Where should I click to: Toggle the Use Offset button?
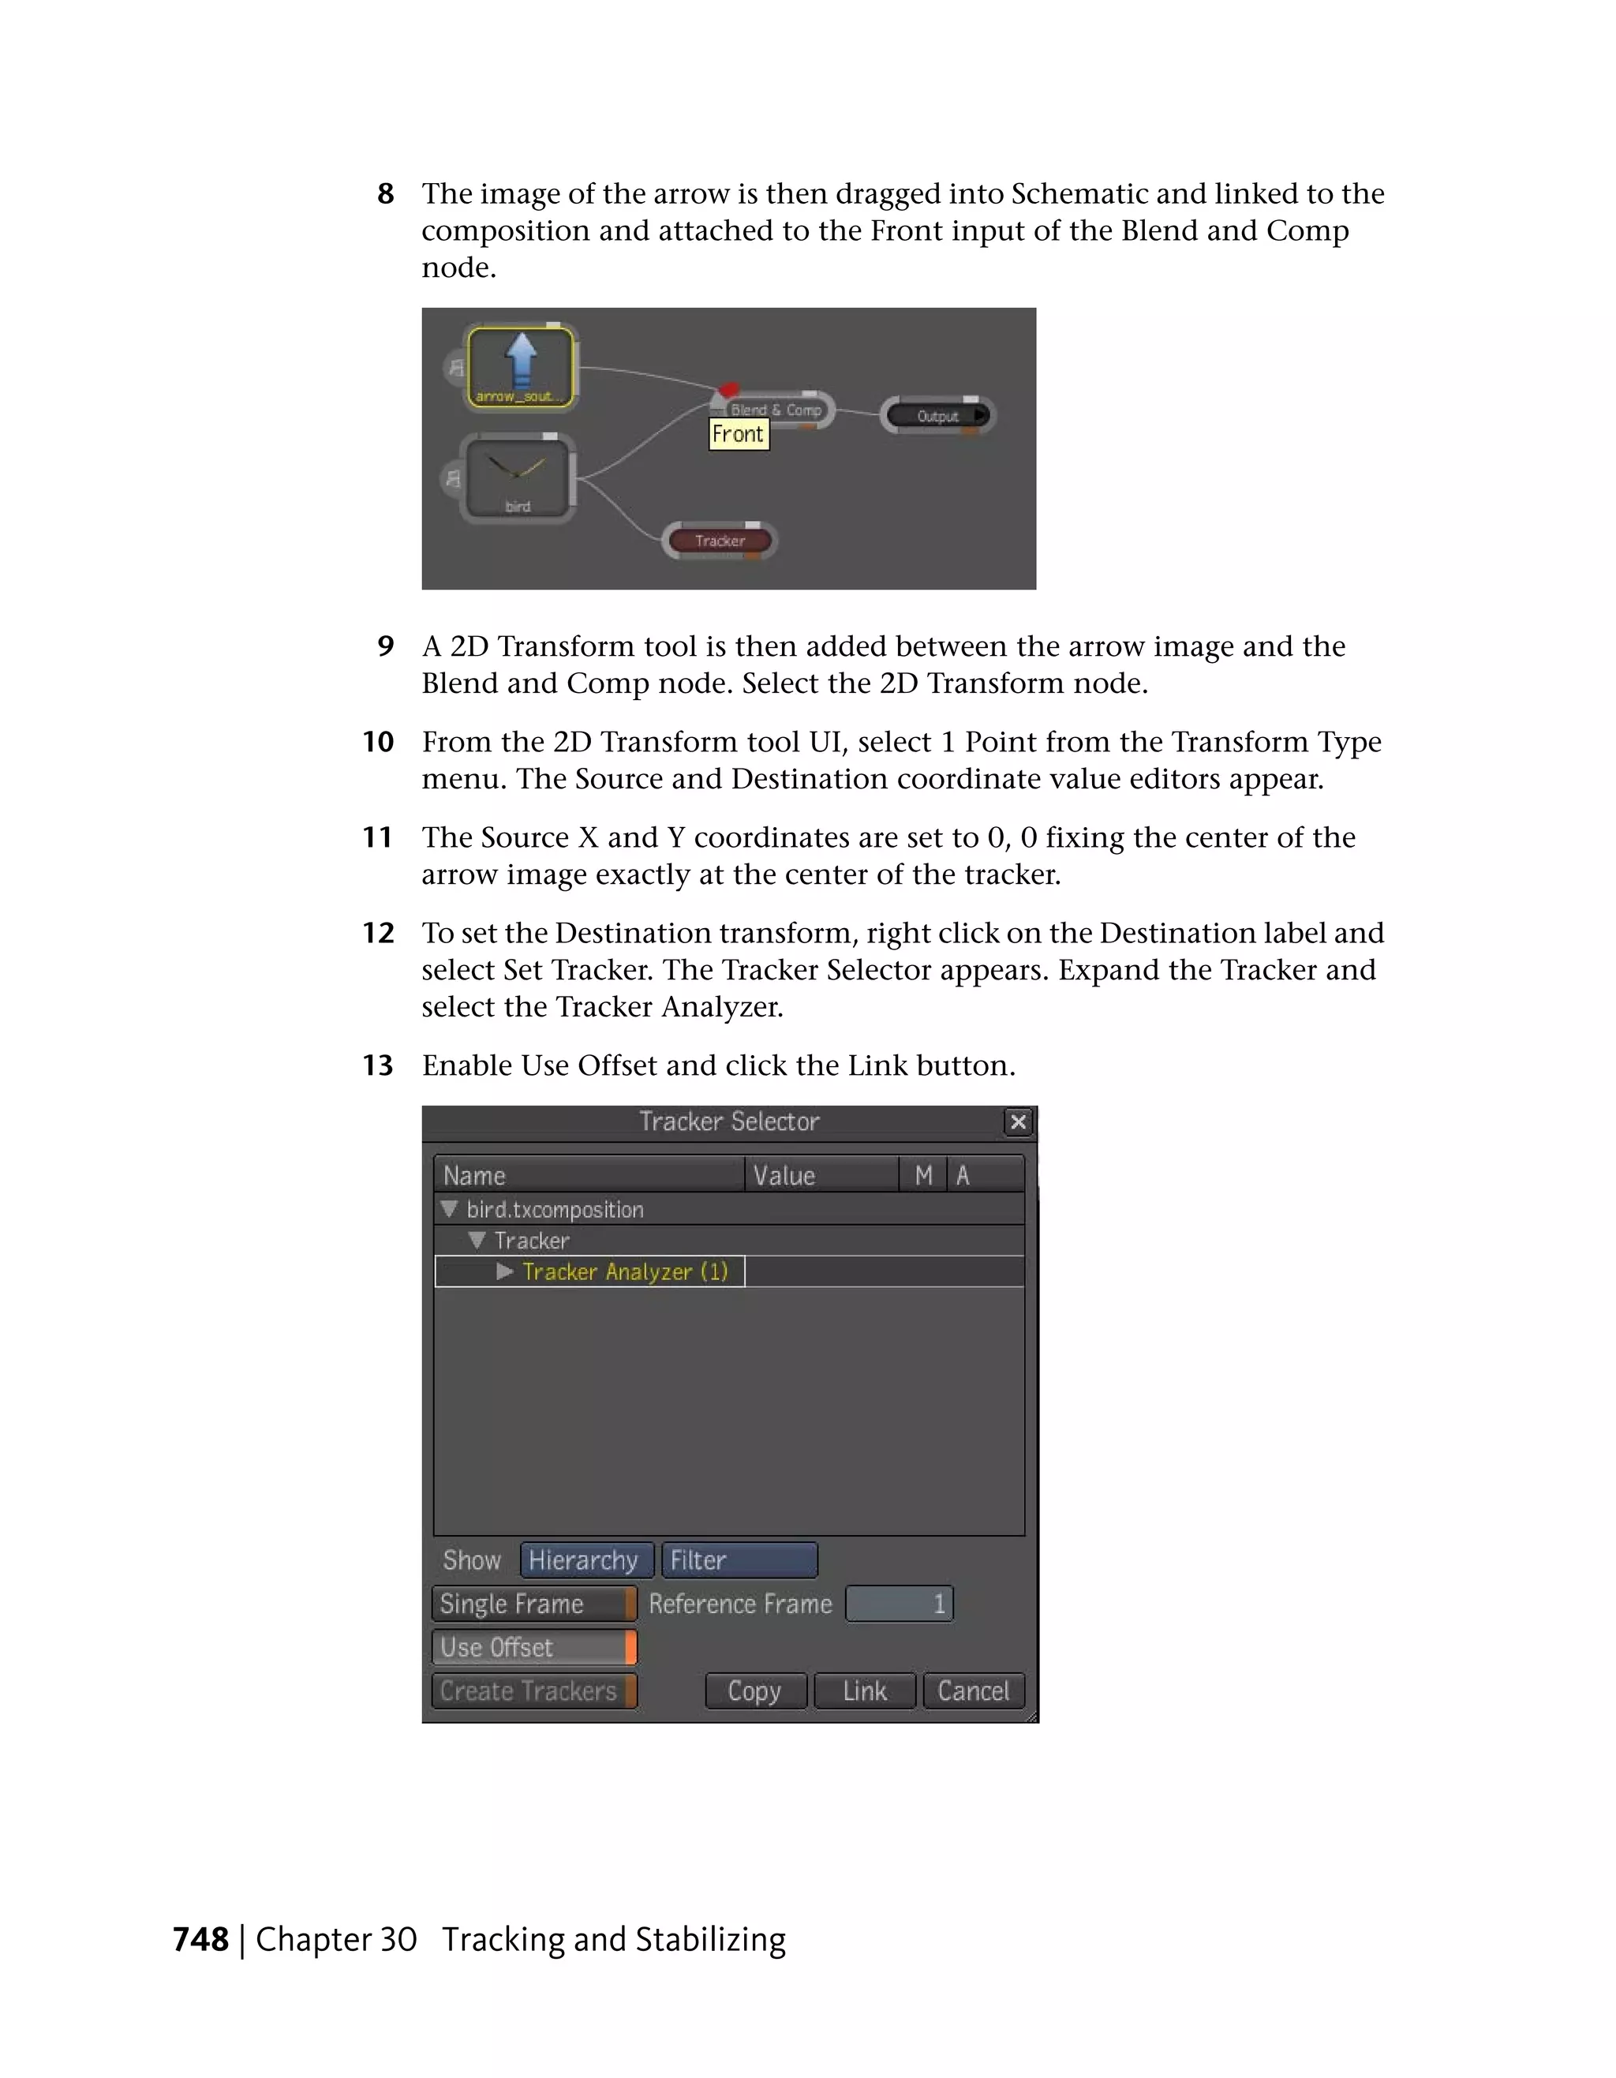[x=533, y=1647]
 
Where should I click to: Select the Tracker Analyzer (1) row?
[x=624, y=1272]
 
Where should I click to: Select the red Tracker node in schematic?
[x=719, y=541]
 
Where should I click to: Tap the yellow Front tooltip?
[x=738, y=435]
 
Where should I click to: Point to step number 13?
[x=378, y=1065]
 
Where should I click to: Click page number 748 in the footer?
[x=200, y=1939]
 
